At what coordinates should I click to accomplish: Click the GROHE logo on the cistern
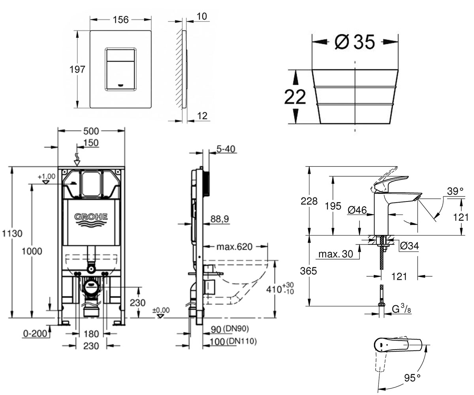[x=91, y=220]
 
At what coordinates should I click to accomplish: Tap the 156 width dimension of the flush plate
[x=120, y=20]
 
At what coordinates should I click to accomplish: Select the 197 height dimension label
[x=77, y=69]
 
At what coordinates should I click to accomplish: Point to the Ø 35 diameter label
[x=355, y=42]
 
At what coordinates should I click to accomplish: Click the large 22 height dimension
[x=295, y=97]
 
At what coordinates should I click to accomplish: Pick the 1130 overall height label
[x=12, y=233]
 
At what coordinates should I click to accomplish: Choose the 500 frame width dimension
[x=91, y=131]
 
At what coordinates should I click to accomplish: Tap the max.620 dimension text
[x=235, y=247]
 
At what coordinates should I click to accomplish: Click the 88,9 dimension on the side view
[x=220, y=219]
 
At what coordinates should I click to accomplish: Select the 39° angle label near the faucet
[x=455, y=191]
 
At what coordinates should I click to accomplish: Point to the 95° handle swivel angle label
[x=412, y=378]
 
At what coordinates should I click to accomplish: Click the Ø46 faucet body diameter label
[x=357, y=210]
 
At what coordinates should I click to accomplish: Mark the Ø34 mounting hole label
[x=409, y=246]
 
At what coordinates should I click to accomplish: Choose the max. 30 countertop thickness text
[x=336, y=254]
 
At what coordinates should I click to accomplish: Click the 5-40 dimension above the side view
[x=226, y=149]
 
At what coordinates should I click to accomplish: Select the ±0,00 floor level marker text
[x=161, y=310]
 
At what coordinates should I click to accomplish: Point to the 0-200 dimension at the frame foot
[x=35, y=333]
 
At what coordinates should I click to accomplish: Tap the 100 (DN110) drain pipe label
[x=233, y=342]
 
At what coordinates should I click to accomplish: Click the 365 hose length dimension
[x=308, y=271]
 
